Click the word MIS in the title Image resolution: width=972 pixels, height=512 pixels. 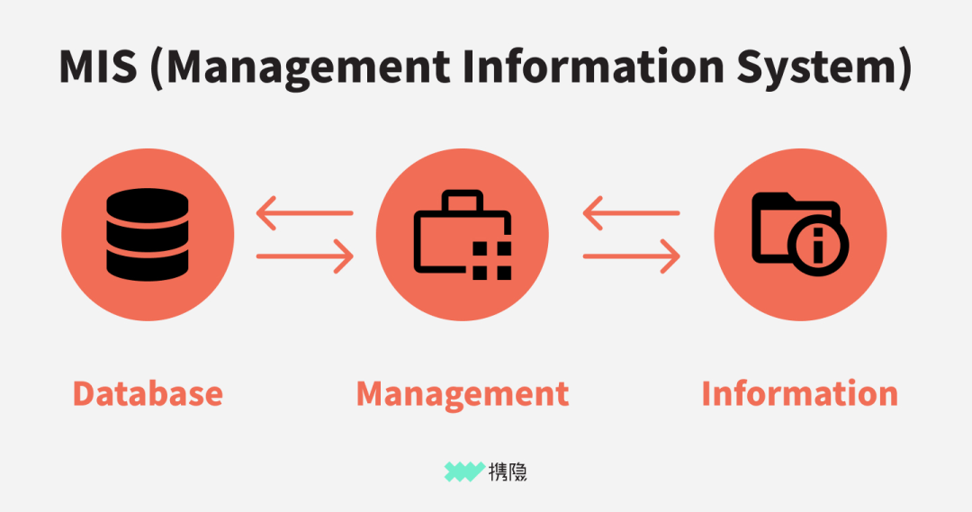[x=98, y=67]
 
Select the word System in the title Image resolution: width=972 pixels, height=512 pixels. [x=815, y=68]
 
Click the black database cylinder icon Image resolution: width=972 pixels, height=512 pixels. [x=148, y=234]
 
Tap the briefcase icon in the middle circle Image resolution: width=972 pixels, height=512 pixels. [x=463, y=234]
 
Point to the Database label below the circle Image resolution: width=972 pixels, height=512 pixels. [x=148, y=393]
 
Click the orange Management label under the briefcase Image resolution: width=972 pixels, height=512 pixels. [x=463, y=395]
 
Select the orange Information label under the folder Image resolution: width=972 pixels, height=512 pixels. [x=800, y=393]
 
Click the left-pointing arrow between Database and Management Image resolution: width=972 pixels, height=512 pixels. [x=304, y=213]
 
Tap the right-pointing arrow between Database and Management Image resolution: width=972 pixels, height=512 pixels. [x=305, y=256]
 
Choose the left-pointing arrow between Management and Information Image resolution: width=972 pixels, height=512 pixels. [x=631, y=213]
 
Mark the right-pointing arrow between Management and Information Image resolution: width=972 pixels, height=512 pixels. [x=632, y=256]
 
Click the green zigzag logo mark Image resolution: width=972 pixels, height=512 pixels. [x=464, y=472]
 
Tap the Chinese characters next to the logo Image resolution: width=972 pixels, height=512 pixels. [x=508, y=472]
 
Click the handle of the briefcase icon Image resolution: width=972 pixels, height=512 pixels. [x=462, y=201]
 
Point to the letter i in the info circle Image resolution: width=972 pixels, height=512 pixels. [x=817, y=246]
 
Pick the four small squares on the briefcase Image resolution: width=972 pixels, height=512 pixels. [x=492, y=260]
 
